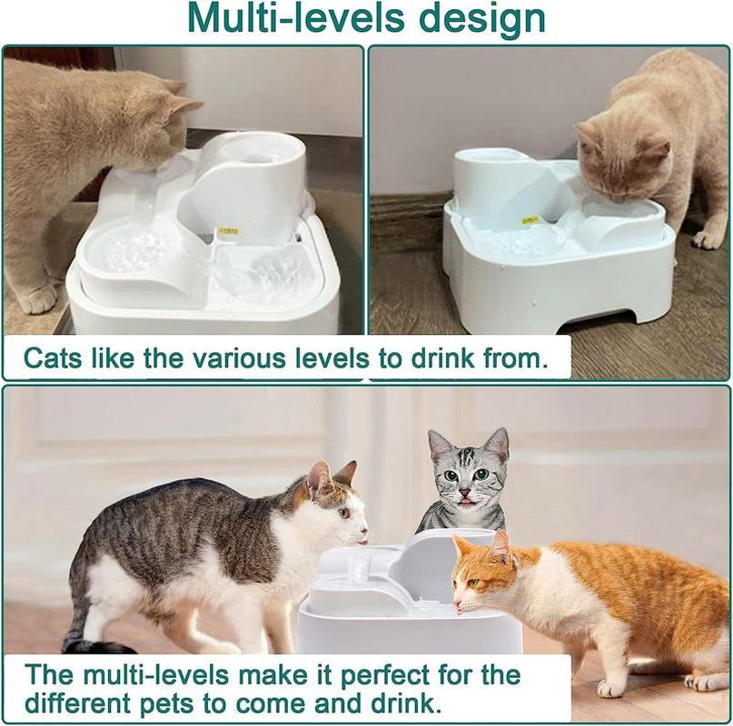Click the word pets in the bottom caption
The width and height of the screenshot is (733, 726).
(x=166, y=704)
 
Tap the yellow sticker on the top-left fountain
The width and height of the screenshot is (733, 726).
(x=228, y=231)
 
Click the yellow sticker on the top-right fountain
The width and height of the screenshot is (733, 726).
(x=530, y=219)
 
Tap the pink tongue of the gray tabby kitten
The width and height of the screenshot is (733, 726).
(x=466, y=502)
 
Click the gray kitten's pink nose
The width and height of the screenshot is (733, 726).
(x=465, y=494)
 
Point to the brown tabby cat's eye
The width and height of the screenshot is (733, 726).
(x=344, y=514)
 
